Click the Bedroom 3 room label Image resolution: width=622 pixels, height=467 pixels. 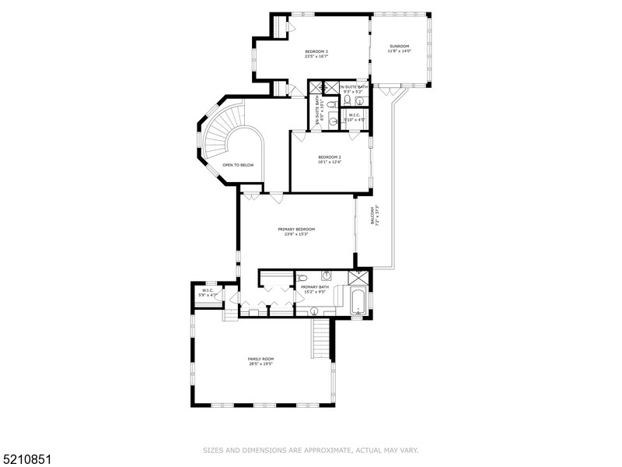point(316,51)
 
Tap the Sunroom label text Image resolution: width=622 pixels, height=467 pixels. point(400,46)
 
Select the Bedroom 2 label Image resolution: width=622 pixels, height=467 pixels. point(330,156)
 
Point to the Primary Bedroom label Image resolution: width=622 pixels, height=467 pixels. point(295,229)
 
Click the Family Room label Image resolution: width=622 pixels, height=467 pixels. point(261,359)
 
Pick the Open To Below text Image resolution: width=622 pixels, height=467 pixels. point(238,165)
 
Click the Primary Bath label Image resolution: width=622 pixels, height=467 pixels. point(315,287)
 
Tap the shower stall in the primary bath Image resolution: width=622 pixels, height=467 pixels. point(359,278)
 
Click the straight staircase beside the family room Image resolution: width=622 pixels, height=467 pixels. point(321,339)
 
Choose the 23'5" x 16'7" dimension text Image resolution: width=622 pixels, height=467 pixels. point(316,56)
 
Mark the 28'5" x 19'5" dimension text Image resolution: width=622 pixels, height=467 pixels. point(261,363)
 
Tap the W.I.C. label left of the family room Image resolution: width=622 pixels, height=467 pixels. point(208,290)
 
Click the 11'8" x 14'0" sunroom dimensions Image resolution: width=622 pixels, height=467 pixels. point(400,51)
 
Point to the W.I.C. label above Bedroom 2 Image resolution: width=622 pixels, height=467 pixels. point(355,114)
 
